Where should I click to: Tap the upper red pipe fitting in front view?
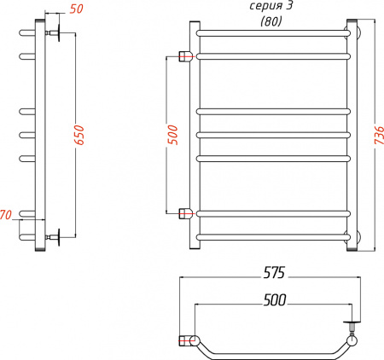pyautogui.click(x=185, y=57)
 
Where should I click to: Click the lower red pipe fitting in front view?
pyautogui.click(x=185, y=213)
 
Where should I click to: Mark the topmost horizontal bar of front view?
pyautogui.click(x=273, y=32)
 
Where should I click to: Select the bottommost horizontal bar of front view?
pyautogui.click(x=273, y=235)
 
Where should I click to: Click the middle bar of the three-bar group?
pyautogui.click(x=273, y=134)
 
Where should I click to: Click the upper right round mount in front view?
pyautogui.click(x=352, y=33)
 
